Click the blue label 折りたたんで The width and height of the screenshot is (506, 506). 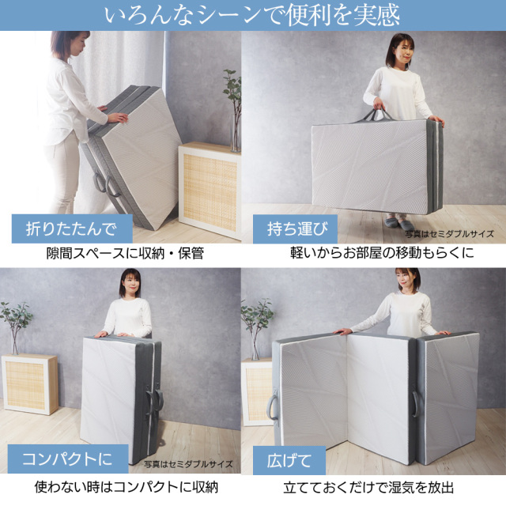[x=72, y=228]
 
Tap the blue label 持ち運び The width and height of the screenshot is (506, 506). [x=295, y=228]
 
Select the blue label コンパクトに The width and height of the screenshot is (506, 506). [x=68, y=459]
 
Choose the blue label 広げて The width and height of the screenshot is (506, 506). [x=289, y=460]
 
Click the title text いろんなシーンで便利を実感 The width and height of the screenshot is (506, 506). [x=252, y=15]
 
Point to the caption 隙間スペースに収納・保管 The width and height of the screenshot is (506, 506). [x=125, y=253]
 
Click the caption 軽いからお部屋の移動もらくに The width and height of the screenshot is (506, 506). [x=382, y=253]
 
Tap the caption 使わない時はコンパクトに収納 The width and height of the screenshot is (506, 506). [x=126, y=487]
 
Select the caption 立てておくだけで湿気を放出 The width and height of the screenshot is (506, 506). [x=368, y=488]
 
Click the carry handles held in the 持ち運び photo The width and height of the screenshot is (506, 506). [x=377, y=115]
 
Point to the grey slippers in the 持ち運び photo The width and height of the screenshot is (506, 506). [x=398, y=223]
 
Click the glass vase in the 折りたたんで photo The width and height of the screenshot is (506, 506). [x=236, y=133]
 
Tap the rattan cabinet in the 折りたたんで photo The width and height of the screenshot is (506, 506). [x=210, y=191]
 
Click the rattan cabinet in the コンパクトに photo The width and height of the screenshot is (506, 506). [x=30, y=383]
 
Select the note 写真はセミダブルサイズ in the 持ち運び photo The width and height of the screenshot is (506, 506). [x=449, y=234]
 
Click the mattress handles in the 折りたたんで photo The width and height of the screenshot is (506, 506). [x=107, y=184]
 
